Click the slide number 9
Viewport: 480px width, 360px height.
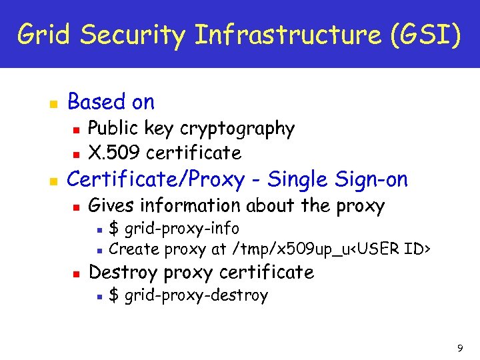(460, 347)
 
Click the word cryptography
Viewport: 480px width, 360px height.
(237, 129)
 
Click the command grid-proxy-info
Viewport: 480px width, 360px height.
(182, 229)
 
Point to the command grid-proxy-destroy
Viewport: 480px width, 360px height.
(196, 295)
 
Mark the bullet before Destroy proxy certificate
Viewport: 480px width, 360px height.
(77, 273)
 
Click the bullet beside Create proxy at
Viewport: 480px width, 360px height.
(98, 251)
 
